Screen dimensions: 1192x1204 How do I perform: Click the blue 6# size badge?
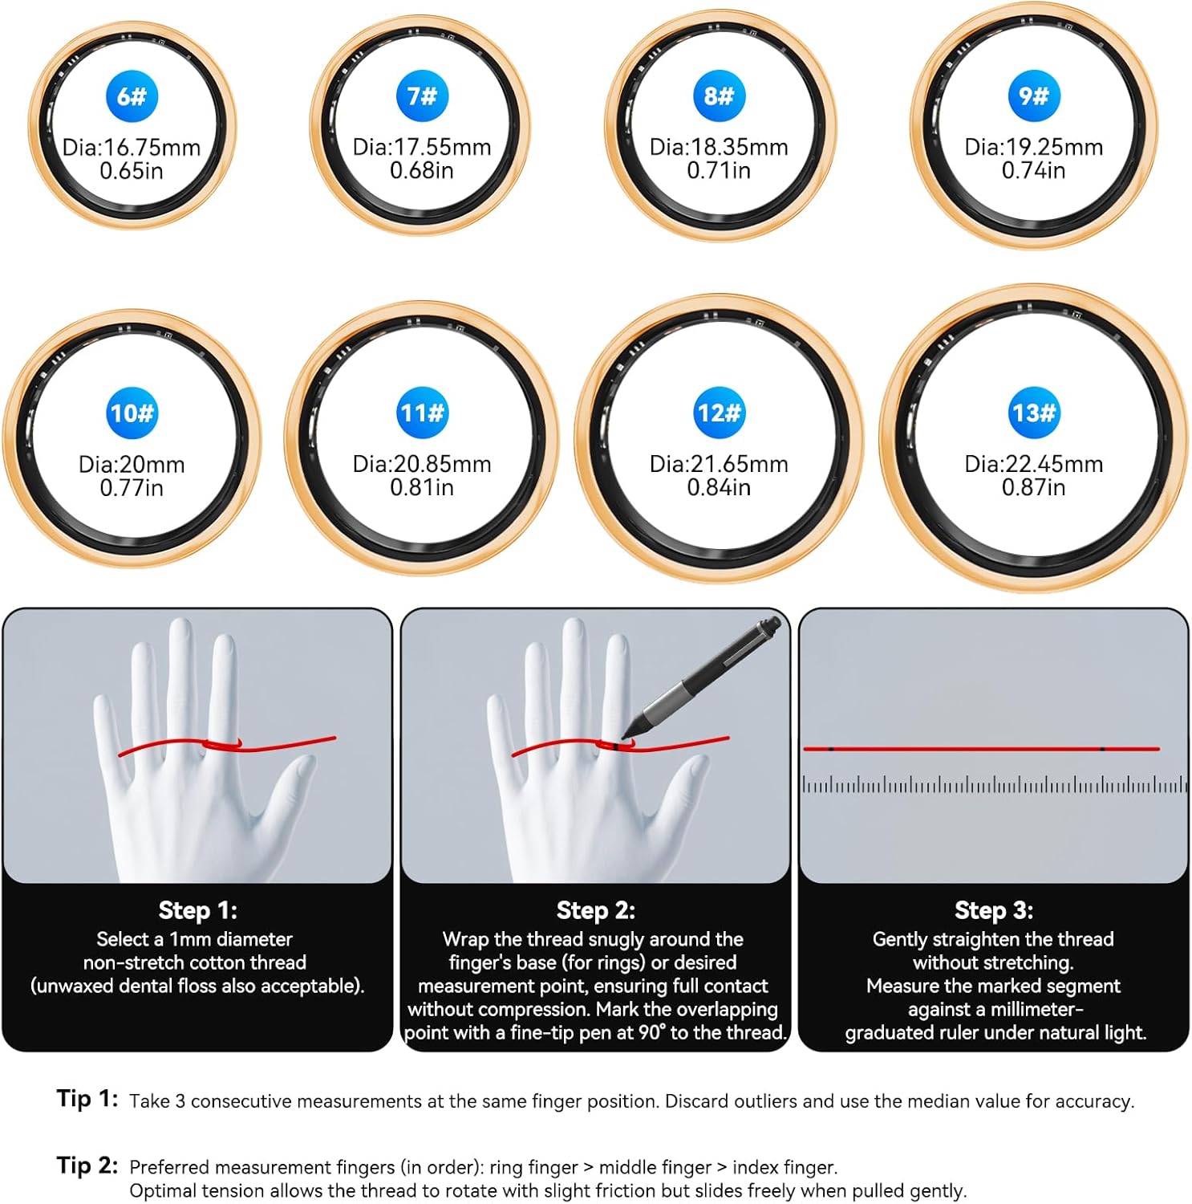point(132,96)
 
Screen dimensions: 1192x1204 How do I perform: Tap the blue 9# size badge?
point(1034,96)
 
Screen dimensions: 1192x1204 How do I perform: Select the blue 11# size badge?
point(422,413)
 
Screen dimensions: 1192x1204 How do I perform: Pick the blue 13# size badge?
point(1034,413)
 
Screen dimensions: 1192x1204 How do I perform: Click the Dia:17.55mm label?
point(422,147)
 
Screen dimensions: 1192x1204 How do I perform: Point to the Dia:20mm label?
point(132,464)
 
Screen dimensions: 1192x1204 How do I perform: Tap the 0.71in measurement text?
point(719,170)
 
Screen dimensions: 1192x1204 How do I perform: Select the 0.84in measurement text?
point(719,487)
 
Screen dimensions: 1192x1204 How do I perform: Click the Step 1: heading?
point(197,910)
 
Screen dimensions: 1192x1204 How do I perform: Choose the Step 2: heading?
point(595,910)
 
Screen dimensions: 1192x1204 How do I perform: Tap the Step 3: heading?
point(994,910)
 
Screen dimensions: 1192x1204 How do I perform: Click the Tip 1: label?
point(87,1098)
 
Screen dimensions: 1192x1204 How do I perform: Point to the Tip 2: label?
point(87,1165)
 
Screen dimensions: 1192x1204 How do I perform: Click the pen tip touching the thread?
point(623,736)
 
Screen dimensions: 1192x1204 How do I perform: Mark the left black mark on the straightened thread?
point(831,749)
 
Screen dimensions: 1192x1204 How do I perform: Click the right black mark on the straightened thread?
point(1102,749)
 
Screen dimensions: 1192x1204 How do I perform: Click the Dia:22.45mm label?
point(1034,464)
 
